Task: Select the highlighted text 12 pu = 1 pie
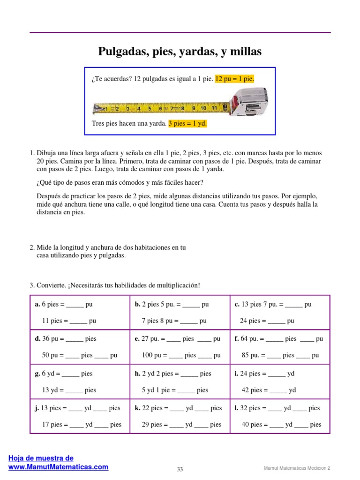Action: coord(234,79)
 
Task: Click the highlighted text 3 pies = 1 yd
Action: coord(187,124)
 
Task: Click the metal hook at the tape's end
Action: coord(97,108)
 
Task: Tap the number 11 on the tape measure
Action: coord(214,108)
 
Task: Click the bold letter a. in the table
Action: coord(37,304)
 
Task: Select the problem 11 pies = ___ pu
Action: coord(69,321)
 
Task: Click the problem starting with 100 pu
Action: coord(181,355)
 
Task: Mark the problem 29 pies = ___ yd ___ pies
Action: coord(181,425)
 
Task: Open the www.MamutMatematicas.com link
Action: coord(59,467)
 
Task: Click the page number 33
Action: coord(180,469)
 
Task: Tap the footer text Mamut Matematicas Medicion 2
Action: coord(297,468)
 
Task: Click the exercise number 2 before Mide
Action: coord(31,247)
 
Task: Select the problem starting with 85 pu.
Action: coord(280,355)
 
